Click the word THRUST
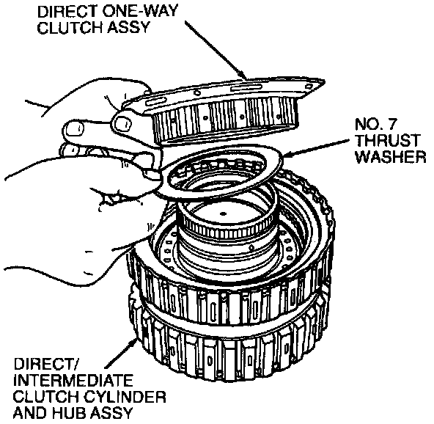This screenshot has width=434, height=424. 389,141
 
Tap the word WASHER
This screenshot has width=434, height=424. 391,157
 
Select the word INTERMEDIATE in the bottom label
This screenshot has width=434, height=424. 73,381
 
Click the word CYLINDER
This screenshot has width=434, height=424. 125,397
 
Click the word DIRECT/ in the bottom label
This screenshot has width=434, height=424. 46,364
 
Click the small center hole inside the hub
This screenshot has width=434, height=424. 223,213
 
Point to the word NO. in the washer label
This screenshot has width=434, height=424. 367,125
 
